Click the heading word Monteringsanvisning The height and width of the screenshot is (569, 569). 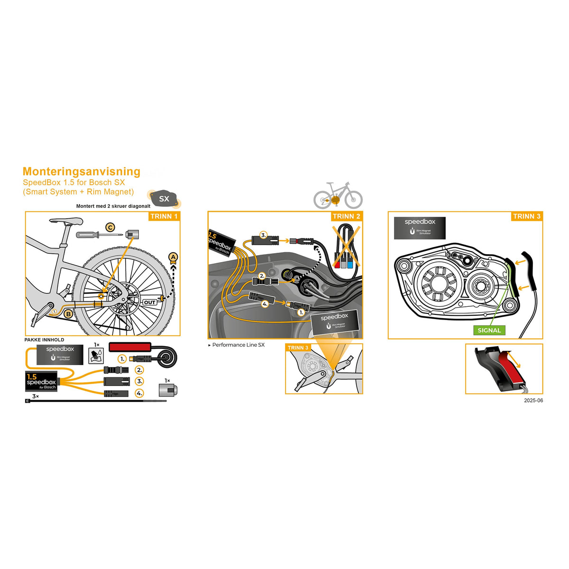click(x=82, y=172)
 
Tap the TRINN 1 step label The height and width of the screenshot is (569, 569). click(x=164, y=216)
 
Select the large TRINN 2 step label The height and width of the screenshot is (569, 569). click(x=346, y=216)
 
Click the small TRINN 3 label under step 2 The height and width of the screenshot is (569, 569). click(x=298, y=348)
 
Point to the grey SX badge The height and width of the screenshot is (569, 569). click(x=164, y=199)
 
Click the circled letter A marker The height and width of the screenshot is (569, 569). click(x=174, y=257)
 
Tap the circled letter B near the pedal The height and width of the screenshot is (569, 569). click(x=68, y=313)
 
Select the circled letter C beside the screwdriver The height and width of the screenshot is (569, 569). click(x=110, y=228)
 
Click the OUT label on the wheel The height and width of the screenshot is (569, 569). click(x=150, y=302)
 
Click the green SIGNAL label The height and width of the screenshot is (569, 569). click(x=489, y=330)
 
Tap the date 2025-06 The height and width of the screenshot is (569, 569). click(x=533, y=401)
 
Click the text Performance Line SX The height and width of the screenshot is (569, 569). click(x=238, y=345)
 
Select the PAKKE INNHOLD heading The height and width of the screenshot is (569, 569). click(x=44, y=340)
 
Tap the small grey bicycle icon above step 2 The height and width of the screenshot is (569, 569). click(x=338, y=195)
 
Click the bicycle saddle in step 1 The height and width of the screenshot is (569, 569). click(x=66, y=221)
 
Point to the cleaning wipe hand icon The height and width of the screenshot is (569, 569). click(x=96, y=356)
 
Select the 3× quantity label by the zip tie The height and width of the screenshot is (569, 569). click(x=35, y=396)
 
